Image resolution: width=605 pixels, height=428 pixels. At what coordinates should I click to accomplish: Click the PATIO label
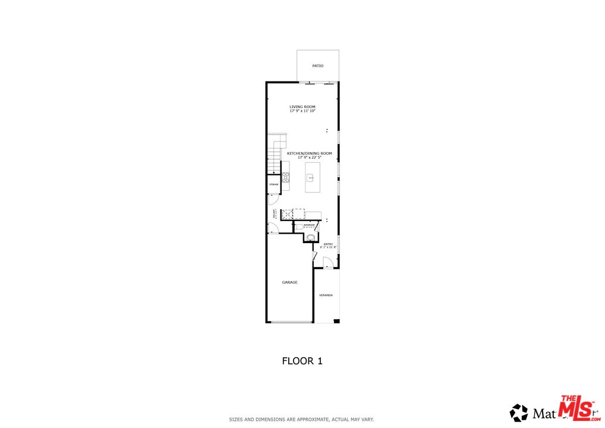pyautogui.click(x=318, y=66)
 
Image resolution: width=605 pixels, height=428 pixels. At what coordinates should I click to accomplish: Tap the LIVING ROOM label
pyautogui.click(x=302, y=107)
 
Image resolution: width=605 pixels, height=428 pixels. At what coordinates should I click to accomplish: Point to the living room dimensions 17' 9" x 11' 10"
pyautogui.click(x=302, y=111)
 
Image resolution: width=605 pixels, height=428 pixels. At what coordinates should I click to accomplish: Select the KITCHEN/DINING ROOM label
pyautogui.click(x=309, y=153)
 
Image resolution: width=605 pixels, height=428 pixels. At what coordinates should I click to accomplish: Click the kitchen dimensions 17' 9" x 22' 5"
pyautogui.click(x=309, y=158)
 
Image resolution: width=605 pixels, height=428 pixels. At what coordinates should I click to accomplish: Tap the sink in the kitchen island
pyautogui.click(x=310, y=177)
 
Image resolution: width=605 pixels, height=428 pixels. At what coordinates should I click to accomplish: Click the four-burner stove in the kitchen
pyautogui.click(x=285, y=177)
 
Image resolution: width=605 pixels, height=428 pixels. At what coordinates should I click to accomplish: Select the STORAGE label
pyautogui.click(x=273, y=185)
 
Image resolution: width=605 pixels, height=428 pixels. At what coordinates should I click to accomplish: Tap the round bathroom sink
pyautogui.click(x=310, y=237)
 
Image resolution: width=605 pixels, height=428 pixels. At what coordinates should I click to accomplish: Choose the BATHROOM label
pyautogui.click(x=309, y=225)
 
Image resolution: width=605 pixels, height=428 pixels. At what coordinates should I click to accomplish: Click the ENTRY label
pyautogui.click(x=328, y=244)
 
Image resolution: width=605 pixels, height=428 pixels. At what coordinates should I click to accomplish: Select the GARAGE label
pyautogui.click(x=289, y=282)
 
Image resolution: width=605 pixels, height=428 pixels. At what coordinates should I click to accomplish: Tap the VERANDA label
pyautogui.click(x=326, y=295)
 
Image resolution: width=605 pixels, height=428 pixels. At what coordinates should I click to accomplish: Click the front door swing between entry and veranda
pyautogui.click(x=327, y=262)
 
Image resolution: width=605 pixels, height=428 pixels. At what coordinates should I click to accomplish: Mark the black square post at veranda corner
pyautogui.click(x=336, y=322)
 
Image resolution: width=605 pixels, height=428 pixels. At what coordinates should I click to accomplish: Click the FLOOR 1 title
pyautogui.click(x=302, y=360)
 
